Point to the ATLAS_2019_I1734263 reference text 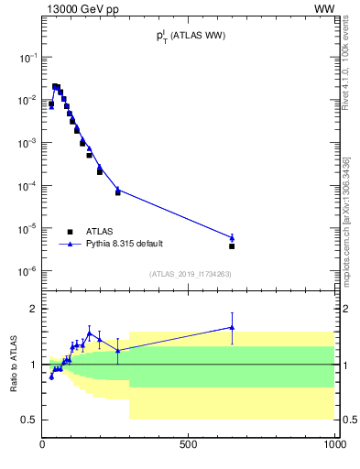click(190, 274)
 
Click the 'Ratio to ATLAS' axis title click(13, 365)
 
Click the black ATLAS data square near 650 click(232, 246)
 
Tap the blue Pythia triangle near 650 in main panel click(232, 237)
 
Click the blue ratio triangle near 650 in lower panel click(232, 327)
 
